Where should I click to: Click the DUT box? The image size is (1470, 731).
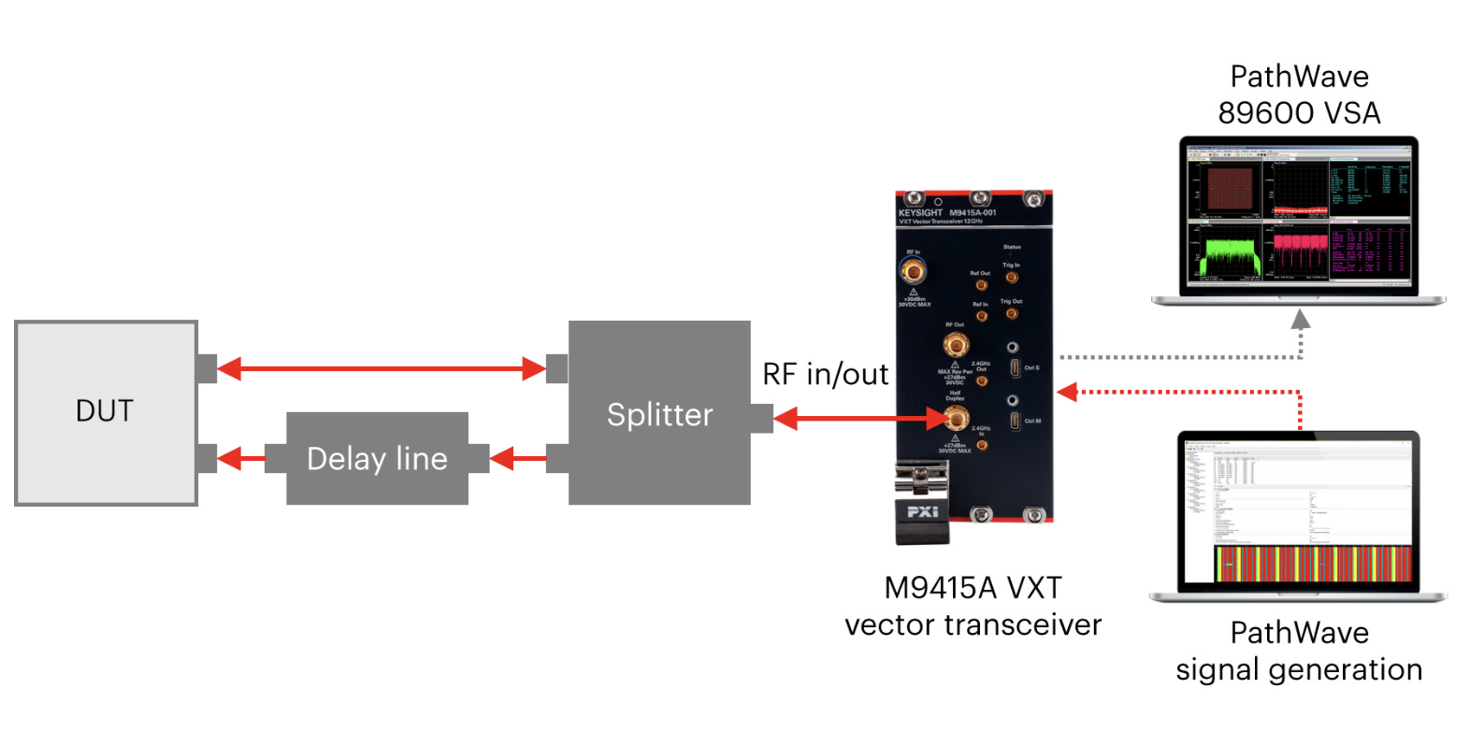click(x=106, y=412)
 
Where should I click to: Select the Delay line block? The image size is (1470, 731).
click(x=377, y=458)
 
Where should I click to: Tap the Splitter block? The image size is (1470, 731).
click(x=659, y=413)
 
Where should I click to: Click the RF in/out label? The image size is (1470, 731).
click(x=825, y=374)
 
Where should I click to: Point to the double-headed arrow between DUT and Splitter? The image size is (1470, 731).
click(x=382, y=369)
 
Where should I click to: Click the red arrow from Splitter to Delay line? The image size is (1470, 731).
click(x=518, y=459)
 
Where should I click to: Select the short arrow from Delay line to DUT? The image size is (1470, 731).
click(x=241, y=459)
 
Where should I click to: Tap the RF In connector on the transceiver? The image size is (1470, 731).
click(x=913, y=272)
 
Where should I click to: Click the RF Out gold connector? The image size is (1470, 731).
click(x=955, y=345)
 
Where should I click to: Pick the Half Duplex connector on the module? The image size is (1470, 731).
click(x=956, y=418)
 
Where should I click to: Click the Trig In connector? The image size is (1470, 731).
click(x=1012, y=278)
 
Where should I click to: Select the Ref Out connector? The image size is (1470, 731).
click(x=981, y=285)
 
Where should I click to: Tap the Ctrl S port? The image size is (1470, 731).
click(x=1015, y=368)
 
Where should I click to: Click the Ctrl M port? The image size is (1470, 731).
click(x=1015, y=421)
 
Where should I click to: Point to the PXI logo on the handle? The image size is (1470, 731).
click(x=922, y=511)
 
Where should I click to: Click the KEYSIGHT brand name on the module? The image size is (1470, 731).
click(x=920, y=213)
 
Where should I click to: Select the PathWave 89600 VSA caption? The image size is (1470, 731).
click(x=1299, y=94)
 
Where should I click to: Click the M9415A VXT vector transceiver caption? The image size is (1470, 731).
click(x=973, y=606)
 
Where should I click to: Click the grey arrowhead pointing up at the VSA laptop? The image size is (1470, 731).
click(x=1300, y=321)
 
